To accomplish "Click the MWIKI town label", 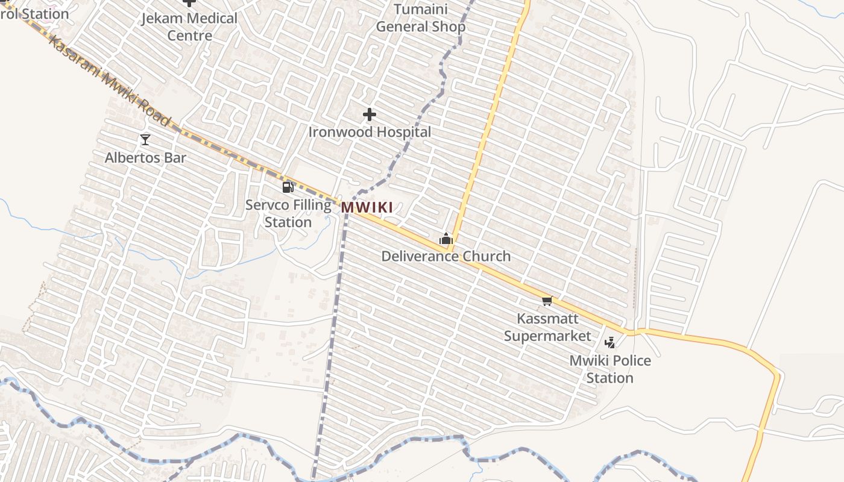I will [x=367, y=208].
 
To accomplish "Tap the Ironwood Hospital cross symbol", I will [x=370, y=114].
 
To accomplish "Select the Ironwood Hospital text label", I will [x=370, y=132].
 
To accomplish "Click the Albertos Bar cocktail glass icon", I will [x=145, y=140].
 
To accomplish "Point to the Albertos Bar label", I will [x=145, y=158].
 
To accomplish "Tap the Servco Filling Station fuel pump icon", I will [x=288, y=187].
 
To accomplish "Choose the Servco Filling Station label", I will [x=288, y=213].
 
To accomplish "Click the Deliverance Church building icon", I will [x=446, y=239].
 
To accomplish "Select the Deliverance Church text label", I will [x=446, y=257].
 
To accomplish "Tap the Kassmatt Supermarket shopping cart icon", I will [x=547, y=301].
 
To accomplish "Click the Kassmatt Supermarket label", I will [x=547, y=327].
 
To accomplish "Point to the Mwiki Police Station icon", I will [x=610, y=343].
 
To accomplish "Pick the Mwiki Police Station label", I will [x=610, y=369].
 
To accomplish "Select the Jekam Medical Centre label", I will [x=189, y=27].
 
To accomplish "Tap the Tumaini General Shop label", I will [x=421, y=18].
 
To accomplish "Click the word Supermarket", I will [x=547, y=336].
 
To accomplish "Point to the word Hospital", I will [x=401, y=132].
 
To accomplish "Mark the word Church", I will [x=486, y=257].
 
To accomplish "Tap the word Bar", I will [x=175, y=158].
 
